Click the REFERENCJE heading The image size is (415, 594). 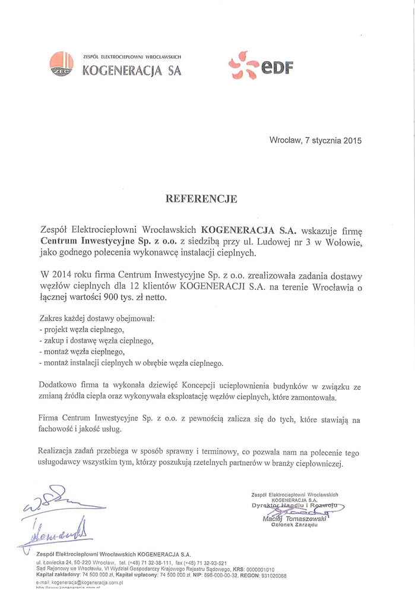(x=201, y=199)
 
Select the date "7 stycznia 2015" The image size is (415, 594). (x=332, y=141)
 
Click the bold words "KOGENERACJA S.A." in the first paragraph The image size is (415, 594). (x=245, y=229)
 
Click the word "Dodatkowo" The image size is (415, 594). (x=59, y=386)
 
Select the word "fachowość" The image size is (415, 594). (x=58, y=428)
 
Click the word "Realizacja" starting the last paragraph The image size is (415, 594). (x=59, y=453)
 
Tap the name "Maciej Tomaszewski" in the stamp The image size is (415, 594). (x=292, y=519)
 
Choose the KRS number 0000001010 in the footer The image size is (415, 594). (x=255, y=569)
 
